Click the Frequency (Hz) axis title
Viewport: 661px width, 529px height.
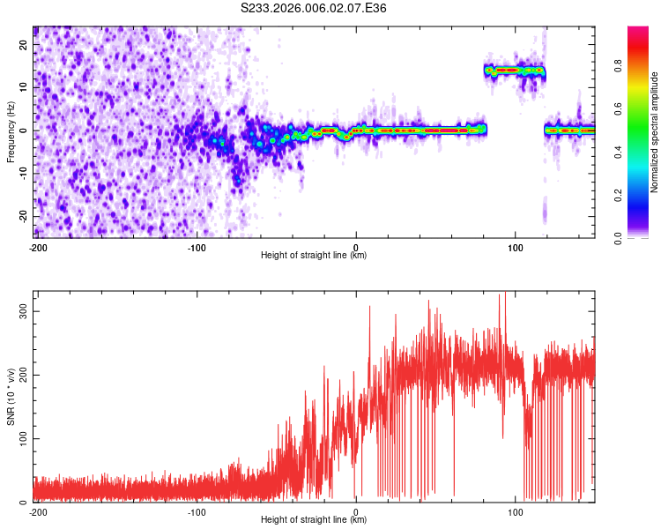(x=11, y=131)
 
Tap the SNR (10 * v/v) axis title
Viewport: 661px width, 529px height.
(x=11, y=396)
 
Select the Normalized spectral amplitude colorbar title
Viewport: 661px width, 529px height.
(x=655, y=131)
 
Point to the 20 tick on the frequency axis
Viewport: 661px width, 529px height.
(x=24, y=44)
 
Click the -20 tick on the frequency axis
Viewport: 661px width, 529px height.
(x=22, y=216)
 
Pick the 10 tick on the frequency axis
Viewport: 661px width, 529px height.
(x=24, y=87)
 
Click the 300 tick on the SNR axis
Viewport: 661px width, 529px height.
(x=19, y=312)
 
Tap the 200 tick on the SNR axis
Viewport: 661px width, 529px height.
(x=19, y=376)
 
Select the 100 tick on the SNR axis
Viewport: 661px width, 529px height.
(x=19, y=439)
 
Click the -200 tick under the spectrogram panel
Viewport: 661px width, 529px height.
(x=38, y=247)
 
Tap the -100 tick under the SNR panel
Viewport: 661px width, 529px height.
(x=196, y=511)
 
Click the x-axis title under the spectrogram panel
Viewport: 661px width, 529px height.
(x=314, y=256)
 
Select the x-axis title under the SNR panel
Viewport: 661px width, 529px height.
(x=314, y=520)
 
